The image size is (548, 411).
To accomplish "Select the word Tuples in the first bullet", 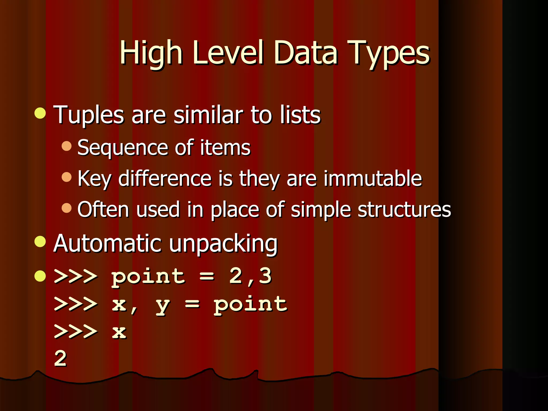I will click(x=89, y=115).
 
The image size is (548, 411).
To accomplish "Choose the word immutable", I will click(x=372, y=178).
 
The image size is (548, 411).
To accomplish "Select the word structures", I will click(x=404, y=209).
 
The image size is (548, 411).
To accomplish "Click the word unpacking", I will click(x=223, y=243).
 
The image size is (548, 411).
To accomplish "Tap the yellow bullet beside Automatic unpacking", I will click(x=40, y=241).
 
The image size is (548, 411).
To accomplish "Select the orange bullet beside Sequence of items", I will click(x=67, y=146).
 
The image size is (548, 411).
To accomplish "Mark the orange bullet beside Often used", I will click(x=67, y=208).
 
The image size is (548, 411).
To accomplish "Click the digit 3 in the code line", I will click(x=265, y=276).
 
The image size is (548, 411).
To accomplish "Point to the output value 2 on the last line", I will click(x=60, y=359).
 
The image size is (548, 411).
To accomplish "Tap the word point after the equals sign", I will click(x=250, y=304).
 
